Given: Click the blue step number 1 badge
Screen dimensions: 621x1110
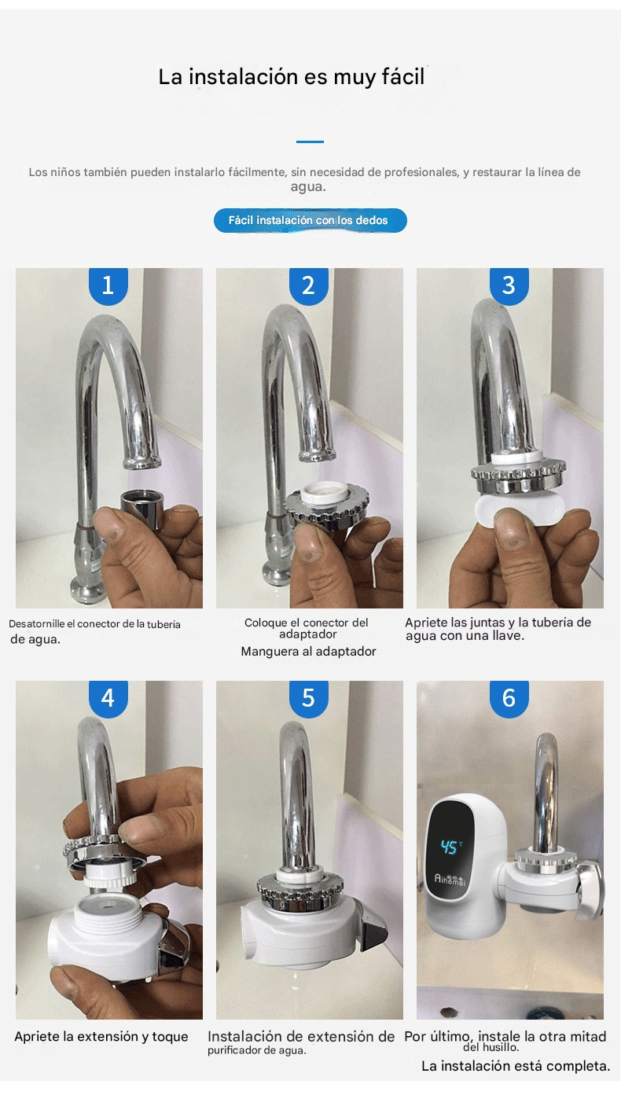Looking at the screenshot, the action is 108,286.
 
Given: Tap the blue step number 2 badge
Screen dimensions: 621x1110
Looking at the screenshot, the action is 308,286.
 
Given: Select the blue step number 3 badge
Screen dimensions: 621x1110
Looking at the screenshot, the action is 509,286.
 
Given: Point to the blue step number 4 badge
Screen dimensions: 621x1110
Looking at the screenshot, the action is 108,699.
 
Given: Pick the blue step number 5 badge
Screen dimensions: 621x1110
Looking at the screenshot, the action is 308,699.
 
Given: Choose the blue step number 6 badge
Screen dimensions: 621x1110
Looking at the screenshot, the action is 509,699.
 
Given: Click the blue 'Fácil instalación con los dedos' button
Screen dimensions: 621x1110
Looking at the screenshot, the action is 310,221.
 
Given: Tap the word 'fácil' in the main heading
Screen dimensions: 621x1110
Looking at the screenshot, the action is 403,77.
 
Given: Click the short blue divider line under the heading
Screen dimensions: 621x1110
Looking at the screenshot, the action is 310,142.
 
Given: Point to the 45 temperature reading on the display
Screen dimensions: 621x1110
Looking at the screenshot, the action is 449,847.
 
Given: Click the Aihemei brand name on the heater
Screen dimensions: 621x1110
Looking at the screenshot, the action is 450,880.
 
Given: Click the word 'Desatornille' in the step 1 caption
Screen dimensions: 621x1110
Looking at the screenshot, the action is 37,624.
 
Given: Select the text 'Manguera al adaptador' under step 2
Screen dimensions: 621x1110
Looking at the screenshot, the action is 308,652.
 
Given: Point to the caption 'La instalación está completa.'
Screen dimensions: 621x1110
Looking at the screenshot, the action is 516,1066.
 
